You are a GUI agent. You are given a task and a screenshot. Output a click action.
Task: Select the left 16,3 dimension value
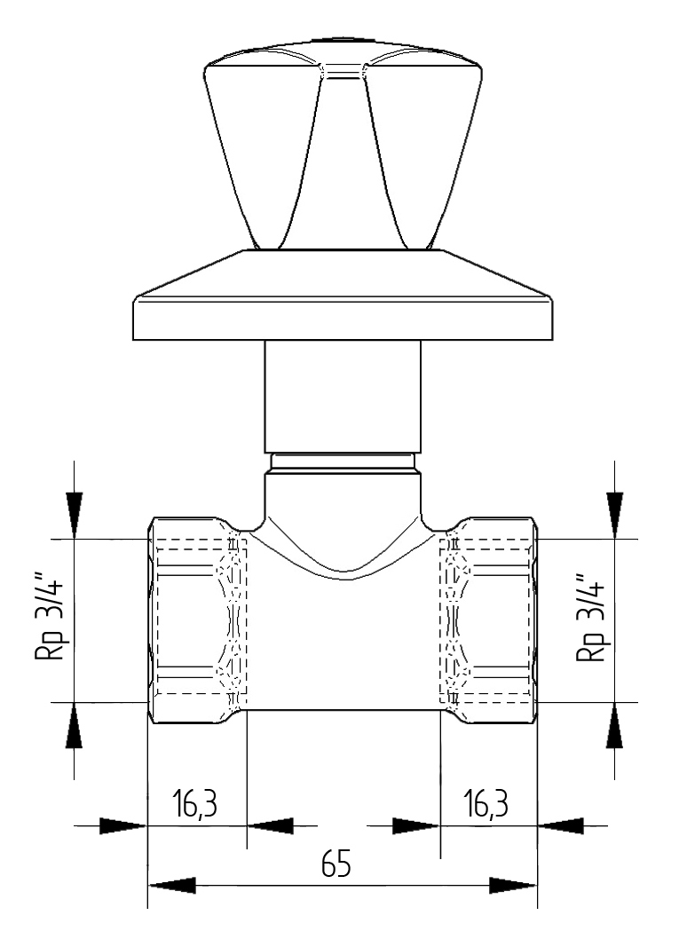pyautogui.click(x=195, y=805)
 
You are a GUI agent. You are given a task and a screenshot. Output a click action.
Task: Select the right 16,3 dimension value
pyautogui.click(x=486, y=805)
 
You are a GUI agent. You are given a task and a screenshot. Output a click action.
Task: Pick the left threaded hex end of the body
pyautogui.click(x=195, y=619)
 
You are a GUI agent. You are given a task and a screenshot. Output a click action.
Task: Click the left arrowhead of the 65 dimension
pyautogui.click(x=170, y=886)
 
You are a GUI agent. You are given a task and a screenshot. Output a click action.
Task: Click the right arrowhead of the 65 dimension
pyautogui.click(x=513, y=886)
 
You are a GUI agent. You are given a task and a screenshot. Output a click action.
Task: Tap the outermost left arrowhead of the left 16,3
pyautogui.click(x=122, y=825)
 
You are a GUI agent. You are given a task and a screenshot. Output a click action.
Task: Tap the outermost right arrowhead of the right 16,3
pyautogui.click(x=561, y=825)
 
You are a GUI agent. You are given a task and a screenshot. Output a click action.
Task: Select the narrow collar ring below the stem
pyautogui.click(x=342, y=462)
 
